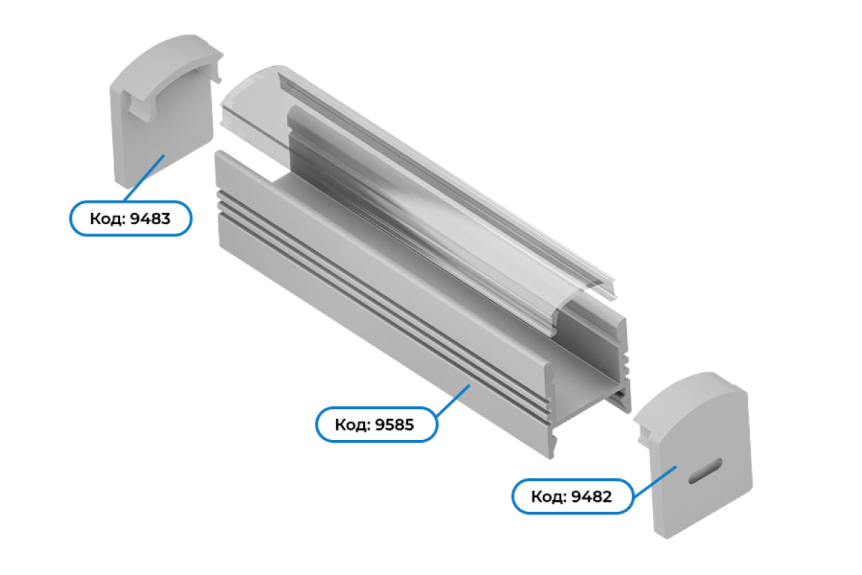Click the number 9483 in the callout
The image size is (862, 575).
[150, 218]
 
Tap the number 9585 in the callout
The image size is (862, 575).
[394, 425]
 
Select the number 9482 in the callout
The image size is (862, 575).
[591, 497]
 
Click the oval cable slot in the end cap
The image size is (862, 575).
[705, 471]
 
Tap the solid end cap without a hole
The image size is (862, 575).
[165, 111]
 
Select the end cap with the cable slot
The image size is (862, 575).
[692, 454]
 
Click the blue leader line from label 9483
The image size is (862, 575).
[144, 178]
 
